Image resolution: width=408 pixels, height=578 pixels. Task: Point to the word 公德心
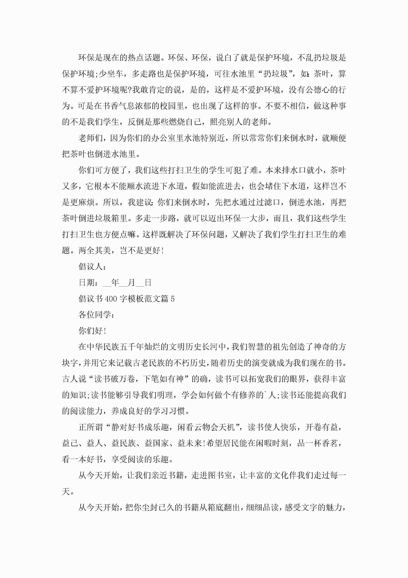click(x=317, y=90)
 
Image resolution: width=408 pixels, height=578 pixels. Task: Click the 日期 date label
click(x=87, y=283)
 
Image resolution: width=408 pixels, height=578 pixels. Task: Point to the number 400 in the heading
click(x=111, y=299)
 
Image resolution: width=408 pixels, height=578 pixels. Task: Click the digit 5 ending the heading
click(x=172, y=299)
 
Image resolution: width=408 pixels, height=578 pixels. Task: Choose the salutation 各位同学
click(x=95, y=315)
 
